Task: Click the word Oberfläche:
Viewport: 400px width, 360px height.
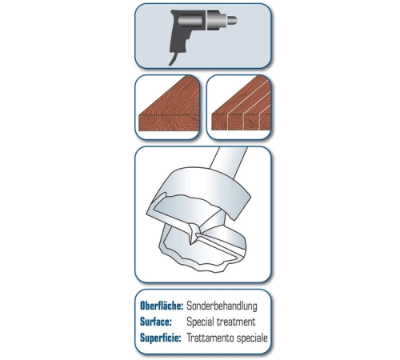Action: click(x=162, y=306)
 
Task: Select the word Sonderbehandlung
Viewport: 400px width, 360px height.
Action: click(x=222, y=306)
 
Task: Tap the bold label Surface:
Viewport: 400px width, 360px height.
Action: click(x=156, y=322)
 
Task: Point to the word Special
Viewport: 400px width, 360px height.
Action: click(x=200, y=322)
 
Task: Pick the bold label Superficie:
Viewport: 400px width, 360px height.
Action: click(x=161, y=338)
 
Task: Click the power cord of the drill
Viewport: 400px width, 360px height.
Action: click(x=174, y=58)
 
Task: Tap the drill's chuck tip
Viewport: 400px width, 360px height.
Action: click(x=232, y=20)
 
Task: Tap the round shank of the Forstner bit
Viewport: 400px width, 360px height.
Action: click(x=228, y=160)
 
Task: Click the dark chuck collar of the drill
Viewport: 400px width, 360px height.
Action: click(x=214, y=20)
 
